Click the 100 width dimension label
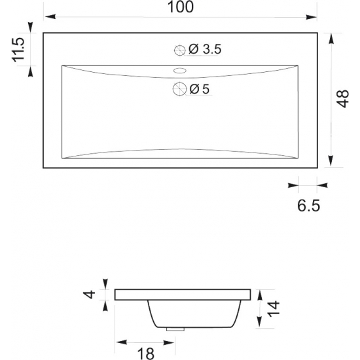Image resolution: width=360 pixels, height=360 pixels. click(x=181, y=7)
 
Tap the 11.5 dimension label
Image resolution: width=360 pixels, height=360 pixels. click(x=18, y=50)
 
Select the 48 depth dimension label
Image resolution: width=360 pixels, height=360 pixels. click(x=342, y=99)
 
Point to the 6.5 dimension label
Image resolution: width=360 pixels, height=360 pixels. click(x=308, y=206)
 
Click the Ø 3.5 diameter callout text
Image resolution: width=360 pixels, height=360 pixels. click(x=205, y=49)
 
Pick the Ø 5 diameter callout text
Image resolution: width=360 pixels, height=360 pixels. click(x=199, y=89)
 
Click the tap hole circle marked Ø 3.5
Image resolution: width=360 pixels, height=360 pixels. click(x=180, y=50)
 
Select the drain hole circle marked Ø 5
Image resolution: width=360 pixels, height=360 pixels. click(x=179, y=89)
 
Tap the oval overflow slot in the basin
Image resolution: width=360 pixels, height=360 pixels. click(x=180, y=71)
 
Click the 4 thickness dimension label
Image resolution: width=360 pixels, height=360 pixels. click(x=90, y=294)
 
